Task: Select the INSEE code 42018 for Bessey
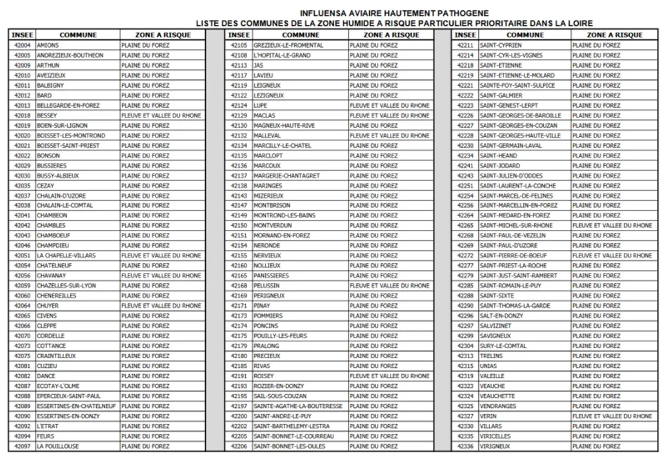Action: click(x=22, y=115)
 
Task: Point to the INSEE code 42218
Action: click(x=465, y=65)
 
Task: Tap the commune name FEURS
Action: click(x=45, y=436)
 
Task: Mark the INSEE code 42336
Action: click(x=465, y=446)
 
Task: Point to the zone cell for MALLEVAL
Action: click(x=389, y=136)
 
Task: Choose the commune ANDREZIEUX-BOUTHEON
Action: click(x=70, y=55)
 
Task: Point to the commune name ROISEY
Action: click(x=264, y=375)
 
